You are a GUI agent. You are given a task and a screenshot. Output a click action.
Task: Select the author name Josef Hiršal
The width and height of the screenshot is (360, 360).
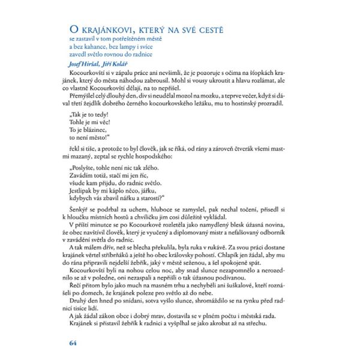[84, 62]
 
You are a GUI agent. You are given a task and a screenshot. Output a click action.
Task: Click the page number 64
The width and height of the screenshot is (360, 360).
[73, 343]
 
